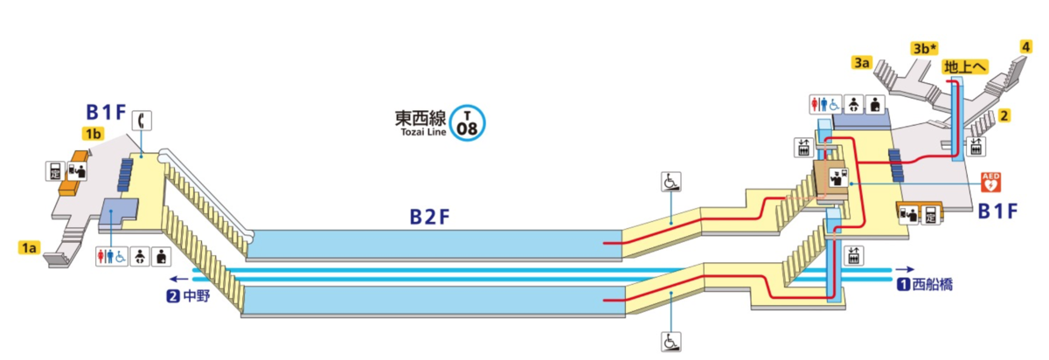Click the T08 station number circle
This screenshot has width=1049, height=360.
click(467, 123)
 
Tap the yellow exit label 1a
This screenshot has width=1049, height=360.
click(29, 247)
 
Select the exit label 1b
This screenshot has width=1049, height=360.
click(94, 134)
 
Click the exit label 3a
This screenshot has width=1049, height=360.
click(862, 62)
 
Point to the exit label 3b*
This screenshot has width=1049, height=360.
click(925, 49)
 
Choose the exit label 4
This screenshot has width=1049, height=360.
click(1025, 47)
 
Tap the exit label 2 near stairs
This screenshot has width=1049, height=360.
click(1004, 115)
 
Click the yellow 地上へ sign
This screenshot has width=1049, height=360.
click(965, 67)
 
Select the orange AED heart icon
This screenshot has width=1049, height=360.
click(991, 182)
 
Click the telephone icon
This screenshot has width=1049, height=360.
click(142, 121)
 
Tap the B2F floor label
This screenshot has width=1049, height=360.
click(429, 217)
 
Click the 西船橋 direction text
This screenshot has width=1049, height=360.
click(932, 284)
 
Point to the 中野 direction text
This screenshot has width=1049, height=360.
click(197, 296)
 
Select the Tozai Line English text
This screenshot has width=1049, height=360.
click(423, 132)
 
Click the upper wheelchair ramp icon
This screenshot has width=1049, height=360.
click(671, 182)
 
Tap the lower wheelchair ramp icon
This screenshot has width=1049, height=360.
click(671, 342)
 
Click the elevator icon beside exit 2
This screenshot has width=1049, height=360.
click(976, 147)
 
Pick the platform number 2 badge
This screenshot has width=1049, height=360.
click(173, 296)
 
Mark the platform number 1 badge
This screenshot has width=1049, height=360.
click(903, 284)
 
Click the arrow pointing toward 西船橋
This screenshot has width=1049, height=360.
click(905, 269)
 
